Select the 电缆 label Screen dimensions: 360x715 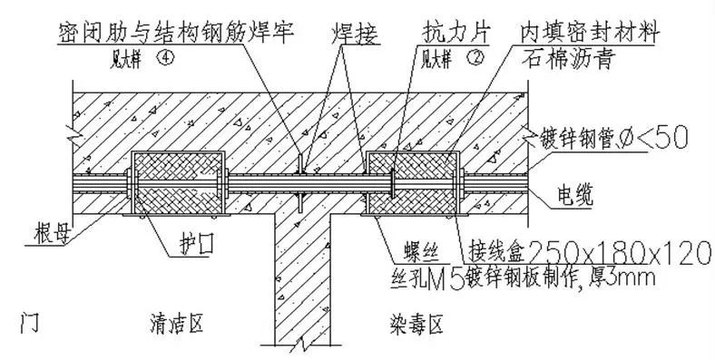[574, 194]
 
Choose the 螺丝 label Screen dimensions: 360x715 [404, 248]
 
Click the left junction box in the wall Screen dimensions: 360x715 [178, 184]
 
